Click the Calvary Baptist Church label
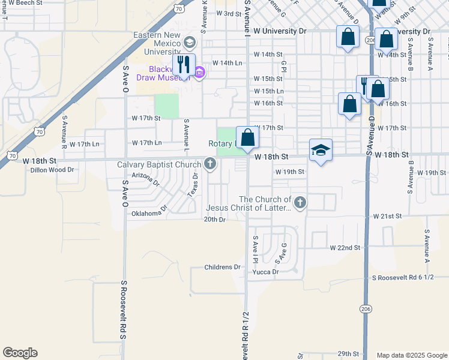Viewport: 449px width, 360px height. [x=159, y=164]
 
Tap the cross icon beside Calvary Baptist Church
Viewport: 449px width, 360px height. [x=210, y=163]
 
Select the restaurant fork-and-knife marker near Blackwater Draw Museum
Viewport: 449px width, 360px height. [x=184, y=64]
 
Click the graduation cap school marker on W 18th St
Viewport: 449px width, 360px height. [x=321, y=150]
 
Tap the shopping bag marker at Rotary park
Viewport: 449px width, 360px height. [x=247, y=138]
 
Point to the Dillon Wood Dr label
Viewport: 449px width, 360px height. [x=52, y=170]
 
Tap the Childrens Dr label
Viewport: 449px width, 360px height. [x=222, y=267]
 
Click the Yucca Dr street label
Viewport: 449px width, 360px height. [x=266, y=272]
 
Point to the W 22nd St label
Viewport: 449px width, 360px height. [x=345, y=247]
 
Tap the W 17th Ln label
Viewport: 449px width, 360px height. [x=146, y=143]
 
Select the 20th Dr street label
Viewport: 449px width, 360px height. [x=214, y=220]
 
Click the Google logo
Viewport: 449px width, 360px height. [x=20, y=353]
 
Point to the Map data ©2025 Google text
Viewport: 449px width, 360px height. [x=411, y=355]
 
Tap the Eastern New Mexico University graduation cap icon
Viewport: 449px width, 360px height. [x=190, y=42]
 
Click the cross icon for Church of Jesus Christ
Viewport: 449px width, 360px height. [x=300, y=203]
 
